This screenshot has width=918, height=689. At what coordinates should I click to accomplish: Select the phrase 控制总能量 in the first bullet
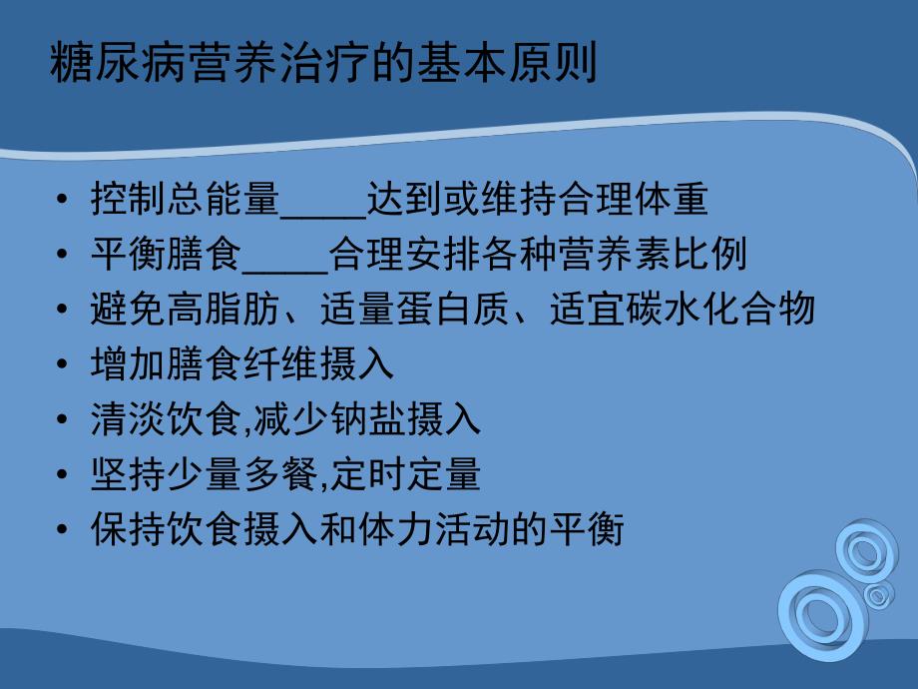pyautogui.click(x=184, y=201)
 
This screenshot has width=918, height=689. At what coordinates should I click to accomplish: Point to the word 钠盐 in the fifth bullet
pyautogui.click(x=390, y=419)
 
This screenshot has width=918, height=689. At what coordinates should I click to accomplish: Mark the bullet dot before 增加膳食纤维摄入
pyautogui.click(x=65, y=365)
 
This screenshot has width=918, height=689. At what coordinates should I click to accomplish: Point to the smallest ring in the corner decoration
pyautogui.click(x=878, y=596)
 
